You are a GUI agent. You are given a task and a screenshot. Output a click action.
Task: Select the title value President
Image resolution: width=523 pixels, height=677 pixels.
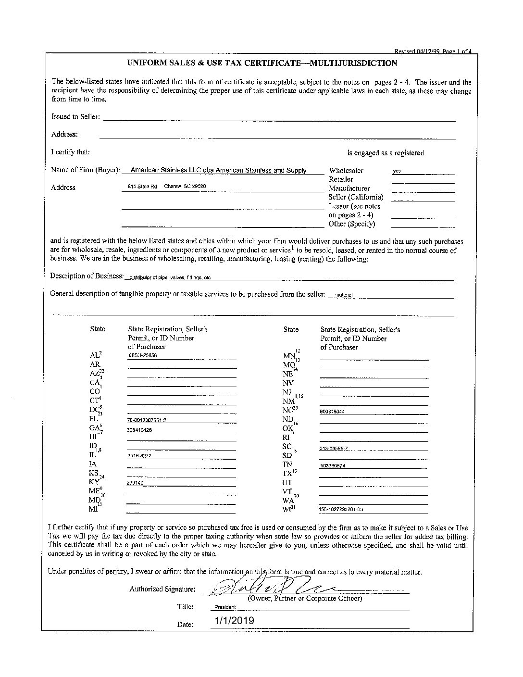point(225,607)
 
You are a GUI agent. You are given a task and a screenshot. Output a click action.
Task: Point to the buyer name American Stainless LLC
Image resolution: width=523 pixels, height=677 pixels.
point(219,170)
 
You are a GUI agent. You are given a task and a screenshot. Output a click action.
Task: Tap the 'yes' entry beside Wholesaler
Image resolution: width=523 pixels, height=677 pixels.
point(397,171)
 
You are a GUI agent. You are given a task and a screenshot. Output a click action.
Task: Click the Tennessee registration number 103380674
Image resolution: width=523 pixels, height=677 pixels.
point(332,465)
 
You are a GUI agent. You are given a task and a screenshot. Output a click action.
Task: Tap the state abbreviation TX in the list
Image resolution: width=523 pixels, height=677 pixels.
point(287,474)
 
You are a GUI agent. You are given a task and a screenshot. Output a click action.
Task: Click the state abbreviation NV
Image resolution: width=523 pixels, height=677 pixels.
point(288,383)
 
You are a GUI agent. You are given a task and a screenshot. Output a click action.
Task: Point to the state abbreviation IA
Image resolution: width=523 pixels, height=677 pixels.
point(93,464)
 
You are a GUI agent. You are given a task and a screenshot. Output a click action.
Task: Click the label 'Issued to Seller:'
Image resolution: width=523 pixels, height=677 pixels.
point(75,117)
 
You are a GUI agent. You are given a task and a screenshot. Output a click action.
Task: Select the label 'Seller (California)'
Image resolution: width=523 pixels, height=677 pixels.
point(356,197)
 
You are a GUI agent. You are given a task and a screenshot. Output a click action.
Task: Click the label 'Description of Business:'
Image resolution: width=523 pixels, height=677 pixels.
point(87,276)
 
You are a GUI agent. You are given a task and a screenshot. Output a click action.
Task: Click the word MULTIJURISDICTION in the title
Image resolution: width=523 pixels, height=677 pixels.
point(354,63)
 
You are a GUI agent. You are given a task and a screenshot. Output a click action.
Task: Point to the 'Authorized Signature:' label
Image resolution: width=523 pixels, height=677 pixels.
point(162,589)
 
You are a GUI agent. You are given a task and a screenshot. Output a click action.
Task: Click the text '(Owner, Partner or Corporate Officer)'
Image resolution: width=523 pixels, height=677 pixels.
point(304,599)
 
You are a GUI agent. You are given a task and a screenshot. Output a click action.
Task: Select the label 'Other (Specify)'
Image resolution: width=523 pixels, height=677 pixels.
point(352,224)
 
